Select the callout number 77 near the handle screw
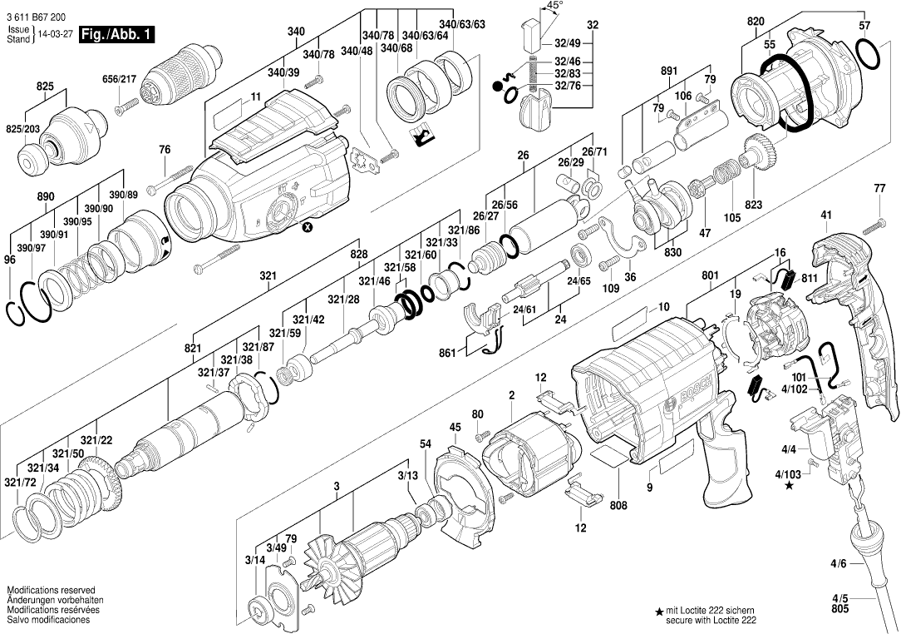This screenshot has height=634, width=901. click(879, 189)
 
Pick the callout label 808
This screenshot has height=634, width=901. click(618, 504)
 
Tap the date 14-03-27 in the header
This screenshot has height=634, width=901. click(52, 37)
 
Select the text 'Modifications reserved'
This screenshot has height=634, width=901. click(51, 590)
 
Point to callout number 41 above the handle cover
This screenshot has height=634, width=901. click(826, 215)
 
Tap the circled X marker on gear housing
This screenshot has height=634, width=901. click(308, 226)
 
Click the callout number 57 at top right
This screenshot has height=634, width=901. click(864, 25)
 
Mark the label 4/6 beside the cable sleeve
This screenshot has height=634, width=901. click(839, 564)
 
